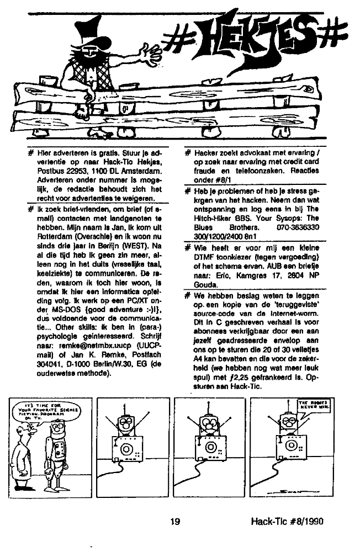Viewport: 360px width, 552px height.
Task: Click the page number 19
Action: (x=175, y=519)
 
